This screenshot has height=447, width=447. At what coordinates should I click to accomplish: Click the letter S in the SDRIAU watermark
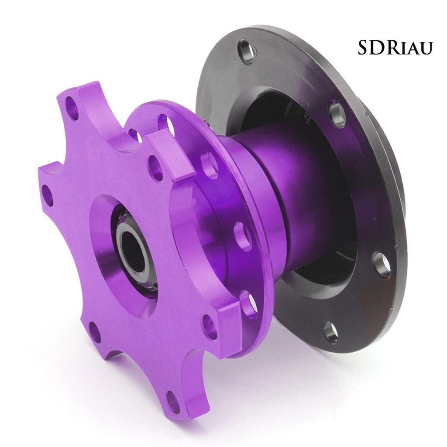tap(364, 48)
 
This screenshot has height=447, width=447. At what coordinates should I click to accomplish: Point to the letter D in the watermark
tap(377, 48)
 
